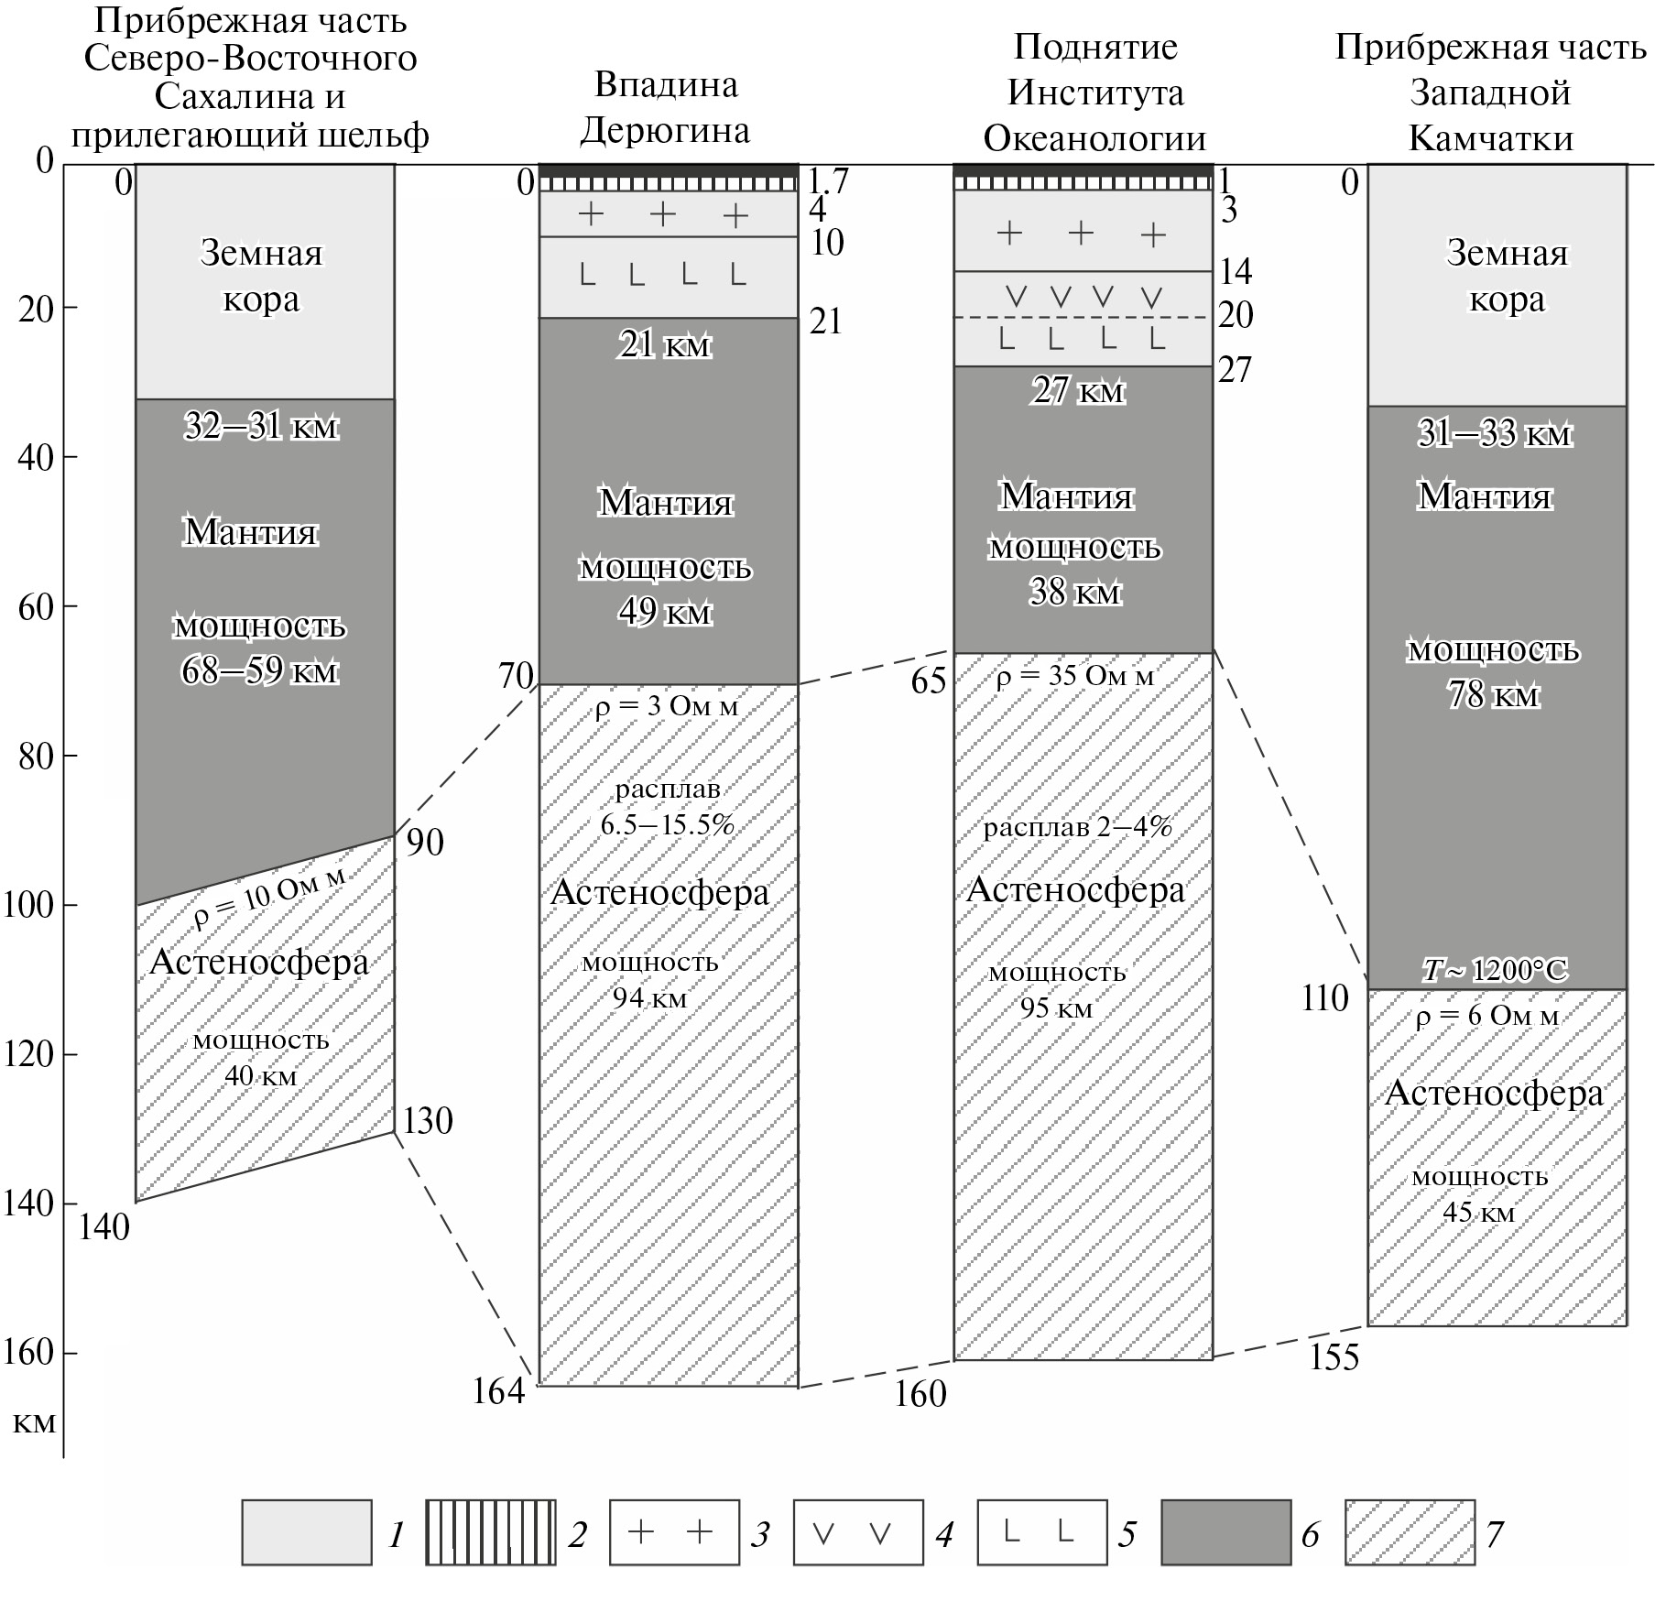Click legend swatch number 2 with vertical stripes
click(490, 1531)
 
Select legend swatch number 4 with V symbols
click(857, 1531)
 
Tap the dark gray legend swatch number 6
click(1225, 1531)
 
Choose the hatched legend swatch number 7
click(1410, 1531)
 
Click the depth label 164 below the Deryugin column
click(498, 1391)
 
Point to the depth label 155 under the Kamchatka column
click(1334, 1357)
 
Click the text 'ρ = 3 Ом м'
click(666, 707)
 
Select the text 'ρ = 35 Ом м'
click(1075, 677)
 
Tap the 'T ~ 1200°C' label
click(1494, 970)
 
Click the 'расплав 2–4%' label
click(1077, 828)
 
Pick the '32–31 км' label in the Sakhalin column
click(261, 426)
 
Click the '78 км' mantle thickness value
click(1493, 694)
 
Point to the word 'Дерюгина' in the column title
click(665, 131)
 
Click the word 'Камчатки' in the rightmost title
click(1490, 138)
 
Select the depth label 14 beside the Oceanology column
click(1235, 271)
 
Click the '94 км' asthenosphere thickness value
click(649, 998)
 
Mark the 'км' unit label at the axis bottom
click(35, 1422)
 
